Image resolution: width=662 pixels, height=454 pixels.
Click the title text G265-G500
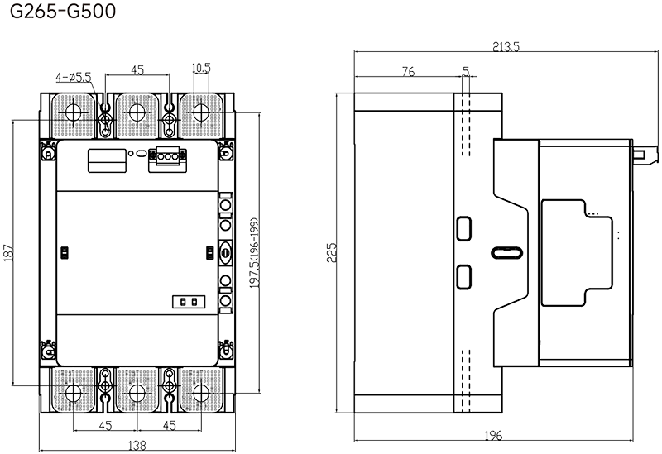point(63,12)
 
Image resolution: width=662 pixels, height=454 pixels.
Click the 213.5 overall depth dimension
point(506,46)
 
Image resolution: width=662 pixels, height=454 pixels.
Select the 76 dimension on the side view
point(408,72)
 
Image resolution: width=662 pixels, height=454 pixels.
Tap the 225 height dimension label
point(332,252)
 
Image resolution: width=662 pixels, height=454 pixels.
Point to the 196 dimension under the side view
point(493,435)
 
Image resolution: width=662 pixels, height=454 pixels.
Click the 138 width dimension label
point(137,445)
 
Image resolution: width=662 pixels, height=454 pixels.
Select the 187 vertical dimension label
point(9,252)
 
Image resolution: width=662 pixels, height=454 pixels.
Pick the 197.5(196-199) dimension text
point(254,253)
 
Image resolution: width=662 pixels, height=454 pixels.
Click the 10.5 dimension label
point(201,68)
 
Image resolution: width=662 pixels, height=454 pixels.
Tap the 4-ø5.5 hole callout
point(73,77)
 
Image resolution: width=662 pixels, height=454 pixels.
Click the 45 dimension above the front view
point(137,69)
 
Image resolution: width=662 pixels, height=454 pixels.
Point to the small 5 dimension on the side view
point(466,71)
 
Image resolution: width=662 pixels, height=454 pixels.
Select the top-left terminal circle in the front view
point(73,112)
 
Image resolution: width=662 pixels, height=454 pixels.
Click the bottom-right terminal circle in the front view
point(201,394)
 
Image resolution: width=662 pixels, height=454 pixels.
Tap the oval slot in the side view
point(507,253)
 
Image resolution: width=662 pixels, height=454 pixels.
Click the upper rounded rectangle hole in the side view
point(464,228)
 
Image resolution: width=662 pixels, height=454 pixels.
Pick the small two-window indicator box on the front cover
point(189,302)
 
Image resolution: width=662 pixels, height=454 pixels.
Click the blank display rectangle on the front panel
point(107,160)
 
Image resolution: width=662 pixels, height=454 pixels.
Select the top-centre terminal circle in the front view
point(137,112)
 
